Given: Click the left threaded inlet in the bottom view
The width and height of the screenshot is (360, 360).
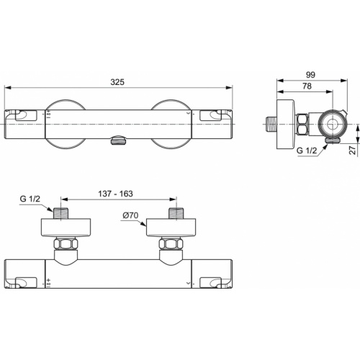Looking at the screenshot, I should pos(62,215).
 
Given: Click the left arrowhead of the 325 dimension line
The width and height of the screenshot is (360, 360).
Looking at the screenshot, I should pos(8,89).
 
